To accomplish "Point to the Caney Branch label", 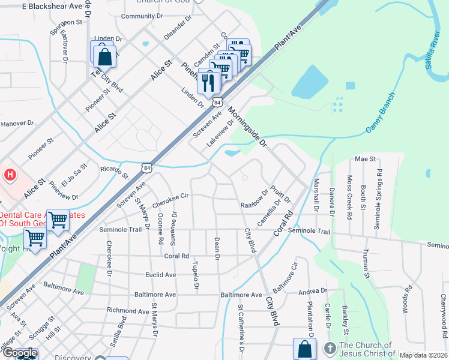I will coord(381,112).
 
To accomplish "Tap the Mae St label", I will coord(365,159).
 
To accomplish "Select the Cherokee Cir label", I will coord(170,197).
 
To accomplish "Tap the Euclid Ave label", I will coord(161,275).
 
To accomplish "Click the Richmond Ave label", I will coord(128,311).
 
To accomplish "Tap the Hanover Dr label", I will coord(18,124).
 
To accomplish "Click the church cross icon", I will coord(330,348).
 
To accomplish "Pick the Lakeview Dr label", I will coord(218,137).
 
